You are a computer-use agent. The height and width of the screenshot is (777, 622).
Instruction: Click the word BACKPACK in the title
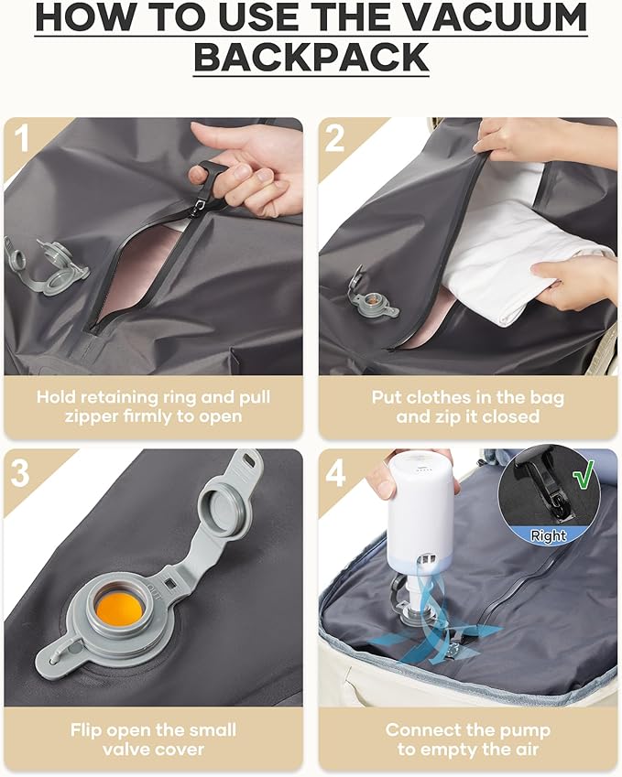311,57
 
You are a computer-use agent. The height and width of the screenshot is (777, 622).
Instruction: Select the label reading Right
548,535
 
